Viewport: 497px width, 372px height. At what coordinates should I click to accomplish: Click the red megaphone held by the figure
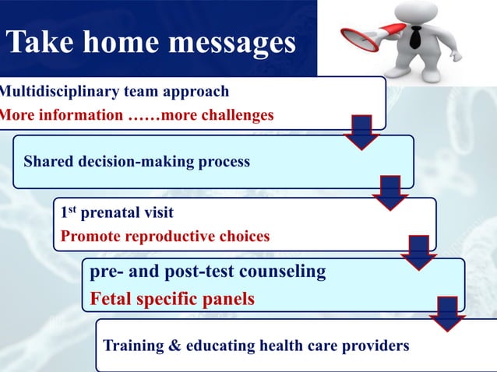coord(365,38)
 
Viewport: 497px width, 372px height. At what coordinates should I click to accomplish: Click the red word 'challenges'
coord(233,115)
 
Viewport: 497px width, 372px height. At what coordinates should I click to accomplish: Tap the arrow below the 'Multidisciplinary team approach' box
coord(361,132)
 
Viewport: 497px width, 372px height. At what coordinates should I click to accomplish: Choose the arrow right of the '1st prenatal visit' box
coord(420,252)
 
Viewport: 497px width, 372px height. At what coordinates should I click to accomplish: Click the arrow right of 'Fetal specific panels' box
coord(447,313)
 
